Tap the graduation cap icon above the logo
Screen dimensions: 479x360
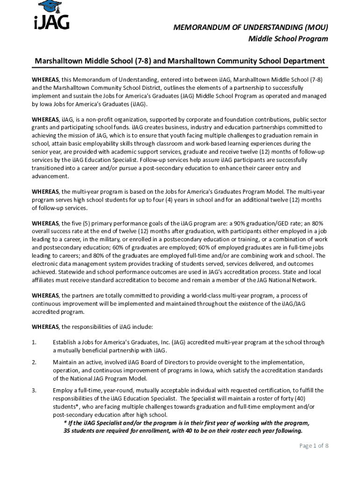click(50, 6)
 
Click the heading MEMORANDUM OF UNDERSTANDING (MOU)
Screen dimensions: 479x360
click(251, 28)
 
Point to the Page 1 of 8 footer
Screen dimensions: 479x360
click(314, 446)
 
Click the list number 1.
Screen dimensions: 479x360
click(34, 342)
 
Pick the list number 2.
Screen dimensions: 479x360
click(34, 362)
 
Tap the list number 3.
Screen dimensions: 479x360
click(34, 390)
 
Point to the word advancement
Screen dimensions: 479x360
click(50, 176)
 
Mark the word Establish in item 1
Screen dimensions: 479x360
click(65, 342)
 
